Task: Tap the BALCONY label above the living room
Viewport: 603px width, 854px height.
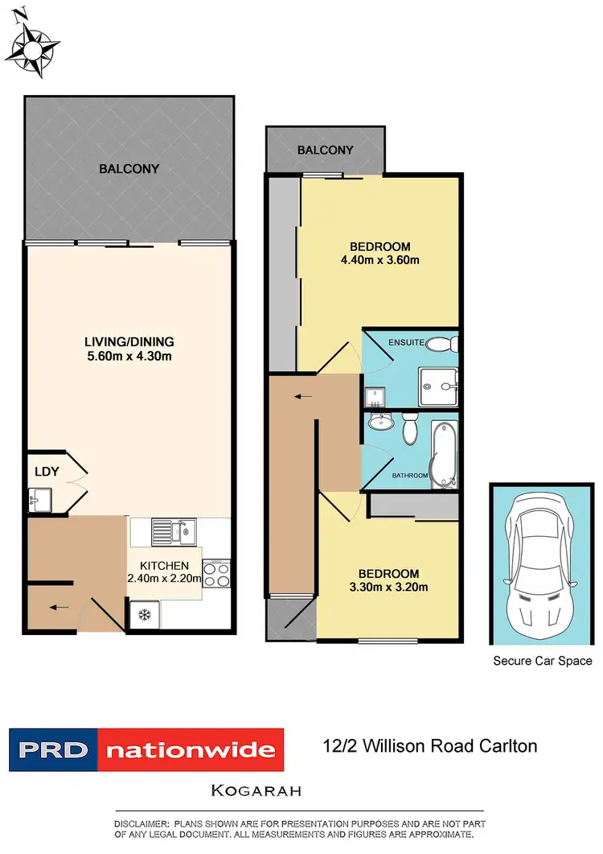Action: click(129, 169)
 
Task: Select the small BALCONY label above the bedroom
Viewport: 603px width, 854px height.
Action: click(325, 150)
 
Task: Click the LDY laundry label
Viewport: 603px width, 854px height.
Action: click(46, 472)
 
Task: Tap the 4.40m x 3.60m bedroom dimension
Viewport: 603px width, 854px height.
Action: click(380, 259)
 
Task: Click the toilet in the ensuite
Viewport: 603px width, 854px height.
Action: click(441, 344)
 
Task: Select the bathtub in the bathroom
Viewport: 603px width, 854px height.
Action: click(443, 453)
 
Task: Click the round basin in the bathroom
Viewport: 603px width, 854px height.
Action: click(379, 423)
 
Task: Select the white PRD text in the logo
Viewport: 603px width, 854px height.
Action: click(52, 750)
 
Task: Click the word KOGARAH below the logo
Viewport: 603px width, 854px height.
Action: click(256, 790)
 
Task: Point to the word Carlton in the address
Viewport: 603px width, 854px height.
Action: click(504, 746)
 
